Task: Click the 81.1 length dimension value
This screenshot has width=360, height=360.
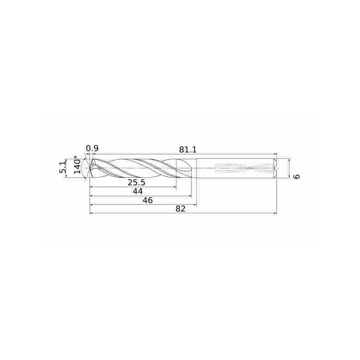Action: coord(188,149)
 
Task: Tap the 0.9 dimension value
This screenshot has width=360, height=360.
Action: coord(92,148)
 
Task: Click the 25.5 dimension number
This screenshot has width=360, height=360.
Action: coord(136,182)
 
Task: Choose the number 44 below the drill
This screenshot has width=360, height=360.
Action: coord(138,192)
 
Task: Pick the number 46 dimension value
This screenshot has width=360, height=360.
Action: coord(147,200)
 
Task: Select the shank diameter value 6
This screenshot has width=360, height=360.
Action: coord(296,176)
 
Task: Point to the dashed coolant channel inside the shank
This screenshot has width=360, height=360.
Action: coord(238,168)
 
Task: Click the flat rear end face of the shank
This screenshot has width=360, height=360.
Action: coord(277,168)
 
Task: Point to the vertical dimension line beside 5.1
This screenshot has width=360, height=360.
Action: coord(67,168)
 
